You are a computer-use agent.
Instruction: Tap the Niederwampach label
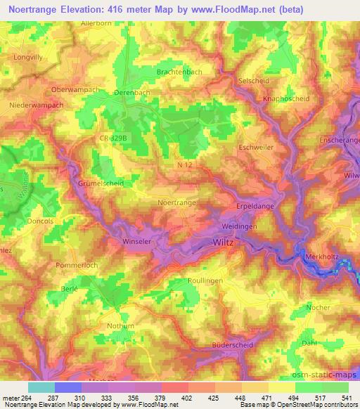[x=38, y=106]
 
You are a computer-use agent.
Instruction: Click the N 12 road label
[x=185, y=164]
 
